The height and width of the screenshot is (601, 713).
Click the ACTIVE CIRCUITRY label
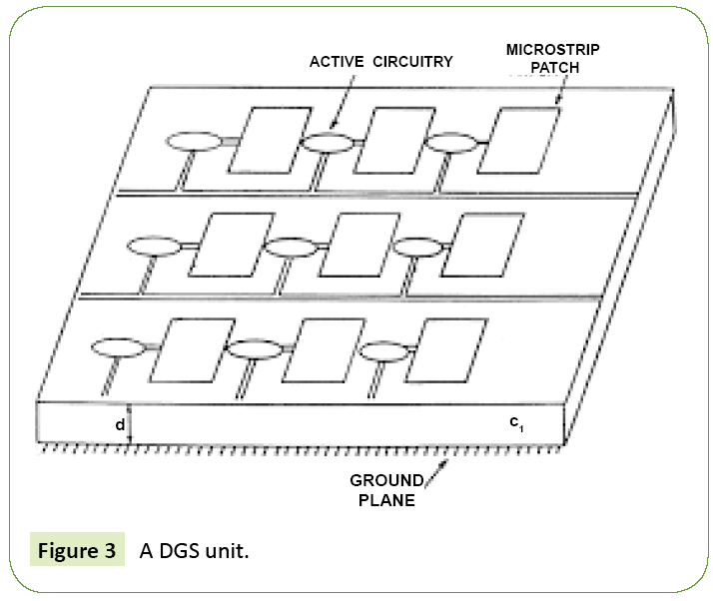pos(380,61)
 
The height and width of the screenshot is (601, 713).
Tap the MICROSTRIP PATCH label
pos(553,59)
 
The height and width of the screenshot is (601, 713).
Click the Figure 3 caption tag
pos(77,551)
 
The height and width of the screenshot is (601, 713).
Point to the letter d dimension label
pos(120,425)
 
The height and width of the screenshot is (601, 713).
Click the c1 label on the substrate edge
pos(516,424)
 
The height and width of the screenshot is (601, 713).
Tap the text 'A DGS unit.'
pos(194,551)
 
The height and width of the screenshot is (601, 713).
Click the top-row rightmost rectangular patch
pos(521,143)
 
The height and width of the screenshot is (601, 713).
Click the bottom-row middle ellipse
pos(255,348)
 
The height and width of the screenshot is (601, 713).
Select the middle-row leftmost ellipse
pos(153,246)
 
